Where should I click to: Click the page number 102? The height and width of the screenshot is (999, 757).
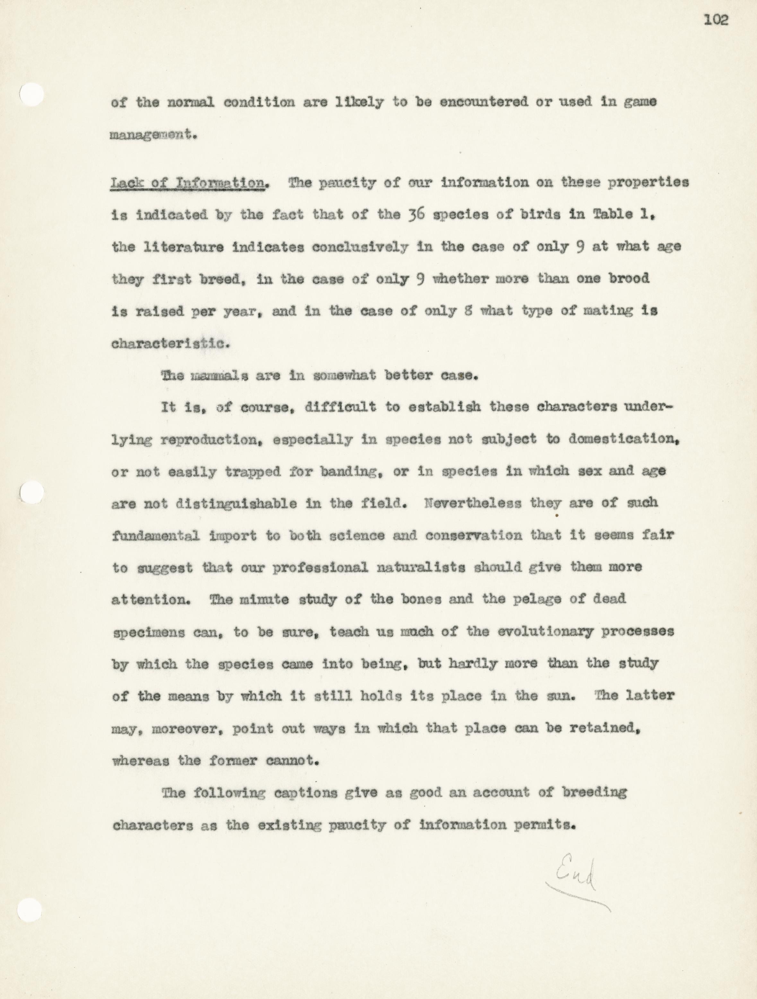pyautogui.click(x=716, y=20)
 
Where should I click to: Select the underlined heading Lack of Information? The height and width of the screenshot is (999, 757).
pyautogui.click(x=188, y=183)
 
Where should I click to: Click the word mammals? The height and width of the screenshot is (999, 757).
pyautogui.click(x=219, y=376)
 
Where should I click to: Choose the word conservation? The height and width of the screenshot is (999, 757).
pyautogui.click(x=474, y=536)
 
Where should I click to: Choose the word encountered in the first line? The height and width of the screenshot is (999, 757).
pyautogui.click(x=483, y=102)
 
